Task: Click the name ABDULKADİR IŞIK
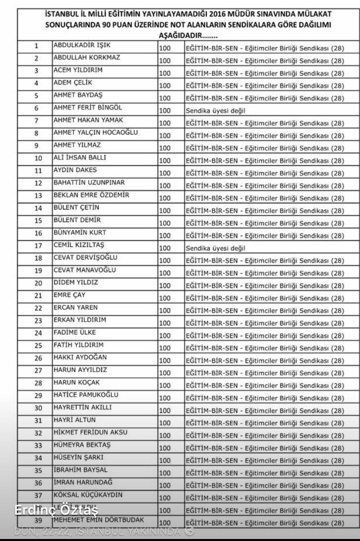[x=82, y=45]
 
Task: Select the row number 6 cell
[x=36, y=109]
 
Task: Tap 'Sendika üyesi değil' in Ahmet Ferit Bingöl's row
[x=215, y=111]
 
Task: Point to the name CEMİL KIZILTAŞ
[x=79, y=245]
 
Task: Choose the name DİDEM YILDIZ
[x=76, y=283]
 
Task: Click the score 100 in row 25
[x=165, y=348]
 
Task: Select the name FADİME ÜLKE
[x=75, y=333]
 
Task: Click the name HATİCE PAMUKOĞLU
[x=86, y=395]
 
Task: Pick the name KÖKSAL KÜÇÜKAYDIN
[x=88, y=495]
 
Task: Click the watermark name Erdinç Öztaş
[x=56, y=510]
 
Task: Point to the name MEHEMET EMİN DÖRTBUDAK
[x=99, y=520]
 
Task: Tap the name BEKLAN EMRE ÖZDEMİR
[x=91, y=195]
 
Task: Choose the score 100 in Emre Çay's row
[x=165, y=298]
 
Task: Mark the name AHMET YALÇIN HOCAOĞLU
[x=96, y=133]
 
